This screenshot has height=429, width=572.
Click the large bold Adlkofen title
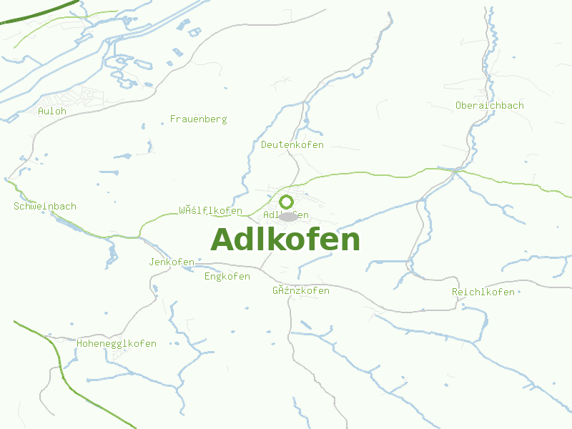[285, 240]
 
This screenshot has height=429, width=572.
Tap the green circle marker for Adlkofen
[286, 202]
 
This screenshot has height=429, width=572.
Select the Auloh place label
[52, 111]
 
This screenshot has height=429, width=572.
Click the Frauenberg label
[198, 119]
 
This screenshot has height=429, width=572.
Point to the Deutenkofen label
[292, 144]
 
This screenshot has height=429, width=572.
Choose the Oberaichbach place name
[489, 105]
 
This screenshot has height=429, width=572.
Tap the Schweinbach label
[44, 206]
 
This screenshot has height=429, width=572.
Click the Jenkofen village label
[172, 262]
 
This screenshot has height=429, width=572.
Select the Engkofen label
[227, 276]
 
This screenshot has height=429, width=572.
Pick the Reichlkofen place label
[483, 292]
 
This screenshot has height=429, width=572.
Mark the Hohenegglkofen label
[116, 343]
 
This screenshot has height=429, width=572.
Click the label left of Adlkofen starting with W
[210, 211]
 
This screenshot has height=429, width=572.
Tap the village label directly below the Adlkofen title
[300, 291]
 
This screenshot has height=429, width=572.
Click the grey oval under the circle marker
[287, 216]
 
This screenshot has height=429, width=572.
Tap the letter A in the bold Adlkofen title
[224, 240]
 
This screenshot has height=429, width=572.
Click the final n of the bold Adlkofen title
[350, 242]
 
